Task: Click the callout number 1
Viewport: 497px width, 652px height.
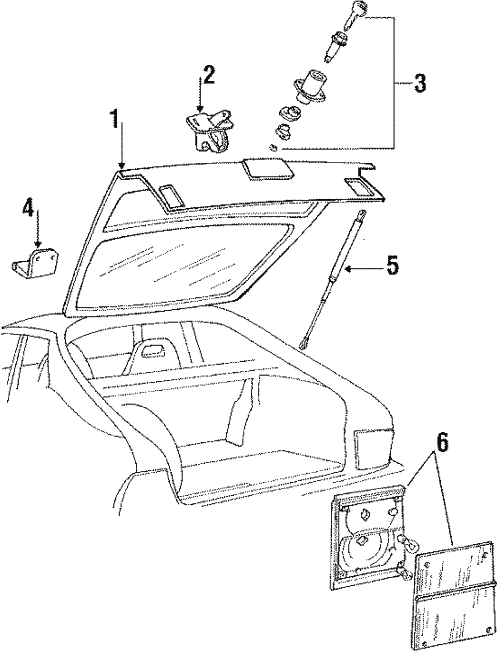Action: [115, 120]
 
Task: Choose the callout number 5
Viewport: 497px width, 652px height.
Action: [392, 266]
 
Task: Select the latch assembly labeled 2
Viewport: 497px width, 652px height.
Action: [209, 131]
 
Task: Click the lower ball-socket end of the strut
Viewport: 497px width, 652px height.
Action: [304, 342]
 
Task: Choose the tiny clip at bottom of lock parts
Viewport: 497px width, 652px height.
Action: [272, 147]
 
